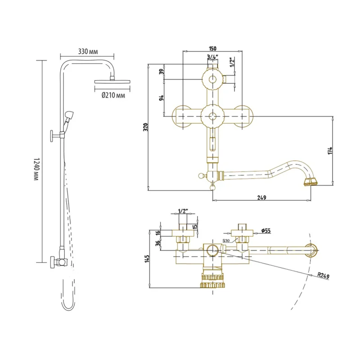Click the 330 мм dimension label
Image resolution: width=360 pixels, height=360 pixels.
tap(88, 52)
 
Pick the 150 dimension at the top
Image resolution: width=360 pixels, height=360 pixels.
tap(212, 49)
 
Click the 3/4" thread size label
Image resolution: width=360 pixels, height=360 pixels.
tap(212, 57)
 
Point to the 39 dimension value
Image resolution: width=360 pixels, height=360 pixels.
tap(162, 71)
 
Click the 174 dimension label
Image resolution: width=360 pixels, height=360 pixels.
tap(330, 151)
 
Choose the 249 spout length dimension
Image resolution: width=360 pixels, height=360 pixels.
tap(262, 197)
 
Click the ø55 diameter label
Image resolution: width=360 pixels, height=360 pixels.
tap(266, 231)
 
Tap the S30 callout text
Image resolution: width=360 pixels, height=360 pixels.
tap(226, 241)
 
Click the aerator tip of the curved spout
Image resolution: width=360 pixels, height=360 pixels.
tap(310, 182)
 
